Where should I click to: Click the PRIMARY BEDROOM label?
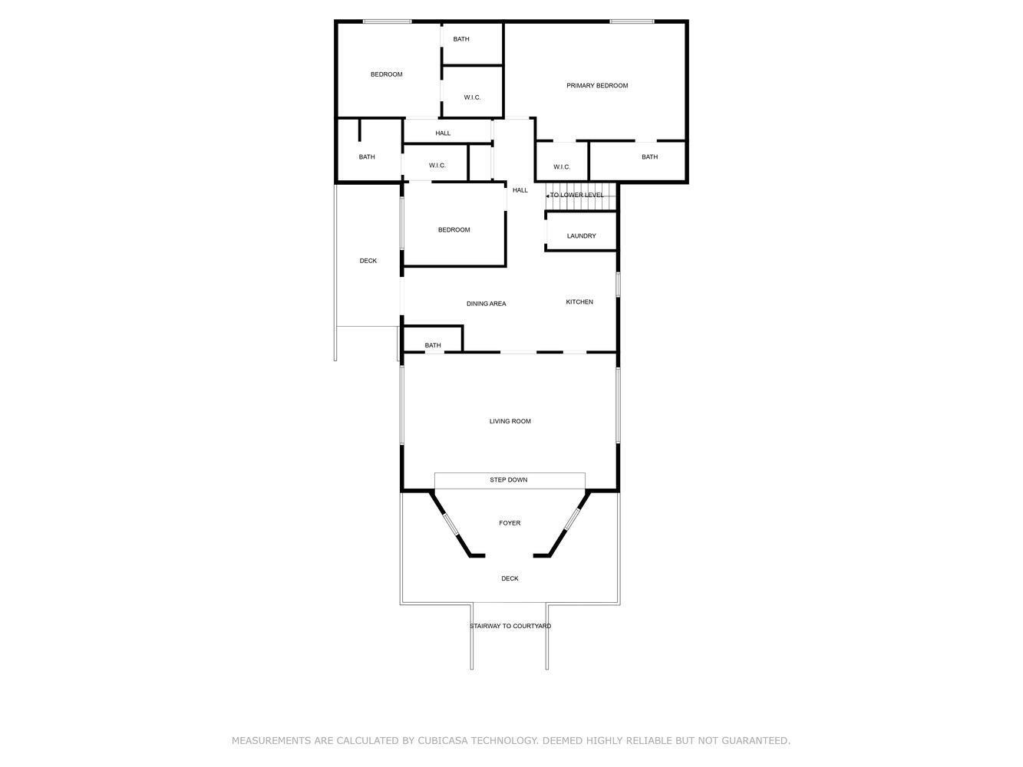coord(597,86)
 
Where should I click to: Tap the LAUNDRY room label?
coord(581,236)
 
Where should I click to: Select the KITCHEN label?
coord(579,302)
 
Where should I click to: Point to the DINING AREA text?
coord(486,304)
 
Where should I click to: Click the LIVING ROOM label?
coord(510,421)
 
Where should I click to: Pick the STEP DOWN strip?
coord(509,480)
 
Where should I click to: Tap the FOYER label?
coord(510,523)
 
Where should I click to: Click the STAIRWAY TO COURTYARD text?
coord(510,626)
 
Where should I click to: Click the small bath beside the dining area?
coord(433,345)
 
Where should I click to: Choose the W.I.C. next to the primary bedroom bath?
coord(562,167)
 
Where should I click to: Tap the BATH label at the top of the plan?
coord(461,39)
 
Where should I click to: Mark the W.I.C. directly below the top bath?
coord(472,97)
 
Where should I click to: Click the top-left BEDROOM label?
coord(386,74)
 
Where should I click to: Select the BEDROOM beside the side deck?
coord(454,230)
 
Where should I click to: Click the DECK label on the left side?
coord(368,261)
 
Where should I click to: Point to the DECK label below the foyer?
coord(510,578)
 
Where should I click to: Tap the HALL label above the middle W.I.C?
coord(443,133)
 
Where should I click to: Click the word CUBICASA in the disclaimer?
coord(446,741)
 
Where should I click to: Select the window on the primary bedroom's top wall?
coord(632,21)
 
